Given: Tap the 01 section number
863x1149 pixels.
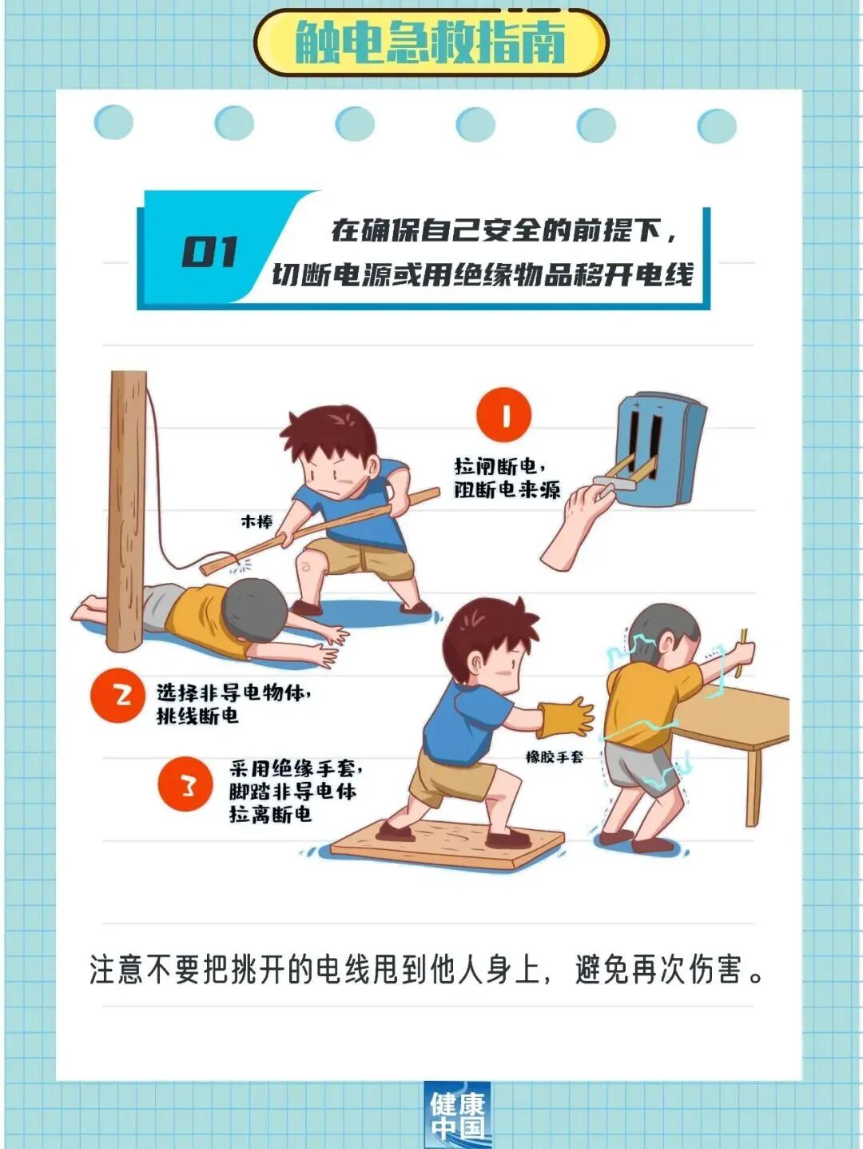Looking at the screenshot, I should [209, 252].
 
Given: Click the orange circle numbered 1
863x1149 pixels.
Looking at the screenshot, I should [503, 415].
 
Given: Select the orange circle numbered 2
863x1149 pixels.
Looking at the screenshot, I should [117, 695].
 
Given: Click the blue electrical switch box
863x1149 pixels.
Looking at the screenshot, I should [659, 450].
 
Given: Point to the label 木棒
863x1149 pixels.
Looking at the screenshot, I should [257, 521].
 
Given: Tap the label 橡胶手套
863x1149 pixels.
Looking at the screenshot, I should [554, 756].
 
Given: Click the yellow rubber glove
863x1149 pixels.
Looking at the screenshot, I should [566, 717].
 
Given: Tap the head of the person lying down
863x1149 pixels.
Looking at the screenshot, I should [254, 610].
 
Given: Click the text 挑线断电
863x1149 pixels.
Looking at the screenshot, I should [197, 716].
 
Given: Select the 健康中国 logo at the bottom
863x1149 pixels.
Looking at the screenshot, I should [457, 1115].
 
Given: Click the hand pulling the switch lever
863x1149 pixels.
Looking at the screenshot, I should [579, 524].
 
